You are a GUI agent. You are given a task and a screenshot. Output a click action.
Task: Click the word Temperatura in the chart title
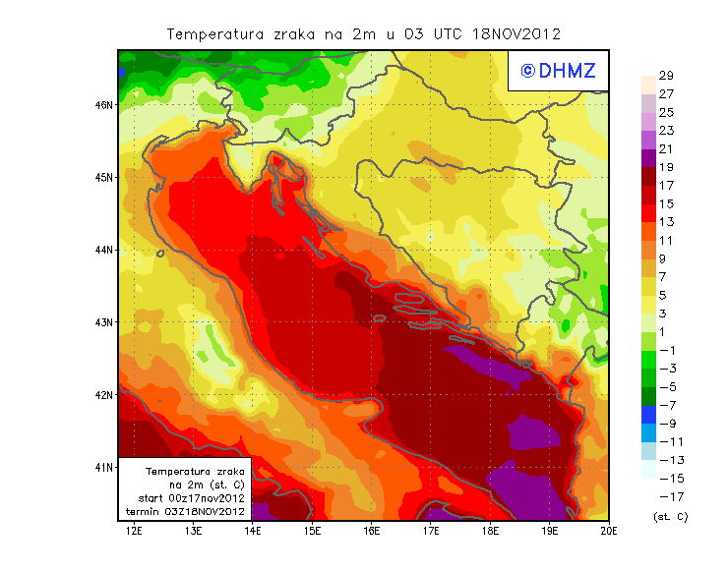tap(212, 34)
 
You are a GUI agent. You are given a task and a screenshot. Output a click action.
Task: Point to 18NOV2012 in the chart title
tap(517, 34)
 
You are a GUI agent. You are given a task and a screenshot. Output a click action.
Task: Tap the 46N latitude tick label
tap(103, 104)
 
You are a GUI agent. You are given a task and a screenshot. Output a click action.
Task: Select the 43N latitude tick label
tap(103, 321)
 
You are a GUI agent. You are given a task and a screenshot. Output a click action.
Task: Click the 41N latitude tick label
tap(103, 467)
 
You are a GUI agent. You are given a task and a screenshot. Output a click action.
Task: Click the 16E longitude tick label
tap(371, 531)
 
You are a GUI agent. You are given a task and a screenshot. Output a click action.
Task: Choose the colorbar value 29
tap(666, 77)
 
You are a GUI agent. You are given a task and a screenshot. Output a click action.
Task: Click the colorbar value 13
tap(666, 222)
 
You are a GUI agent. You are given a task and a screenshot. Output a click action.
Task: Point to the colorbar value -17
tap(671, 496)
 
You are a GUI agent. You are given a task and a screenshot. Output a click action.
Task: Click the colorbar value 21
tap(666, 149)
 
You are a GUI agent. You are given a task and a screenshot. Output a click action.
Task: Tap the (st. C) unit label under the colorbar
tap(671, 516)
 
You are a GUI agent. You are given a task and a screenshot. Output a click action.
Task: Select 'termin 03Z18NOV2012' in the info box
tap(186, 512)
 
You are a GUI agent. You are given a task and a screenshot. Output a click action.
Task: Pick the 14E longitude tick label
tap(253, 531)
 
